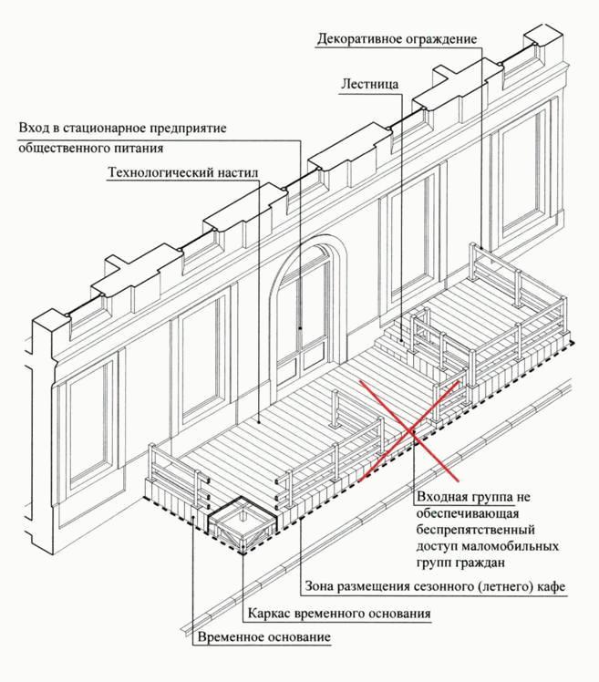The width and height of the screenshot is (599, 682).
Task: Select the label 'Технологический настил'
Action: [183, 171]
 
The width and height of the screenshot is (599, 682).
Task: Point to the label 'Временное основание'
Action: [263, 636]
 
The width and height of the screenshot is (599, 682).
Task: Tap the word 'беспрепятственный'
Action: [474, 529]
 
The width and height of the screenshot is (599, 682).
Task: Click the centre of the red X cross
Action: [409, 429]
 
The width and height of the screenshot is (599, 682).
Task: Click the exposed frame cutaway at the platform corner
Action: [239, 522]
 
